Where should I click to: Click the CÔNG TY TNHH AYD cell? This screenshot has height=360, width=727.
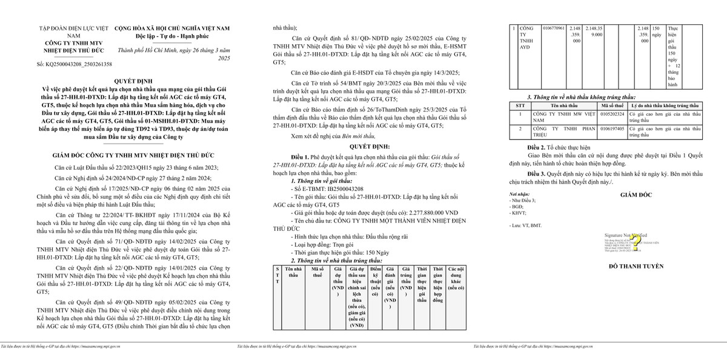(526, 38)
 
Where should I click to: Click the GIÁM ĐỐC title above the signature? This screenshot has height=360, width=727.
(634, 195)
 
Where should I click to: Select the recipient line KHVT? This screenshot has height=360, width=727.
(519, 213)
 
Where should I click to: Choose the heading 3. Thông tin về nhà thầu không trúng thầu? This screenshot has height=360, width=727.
(581, 96)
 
